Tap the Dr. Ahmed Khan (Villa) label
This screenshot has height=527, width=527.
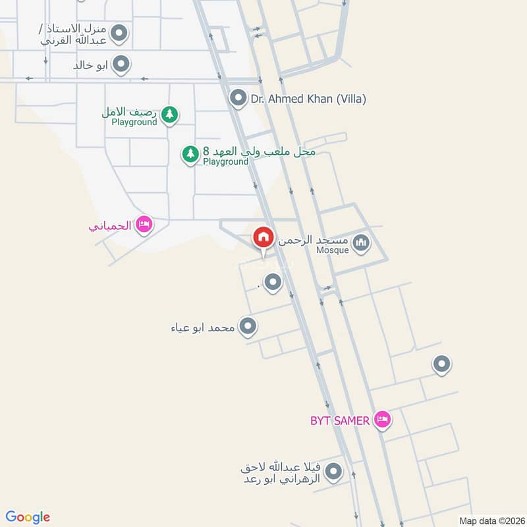click(x=308, y=99)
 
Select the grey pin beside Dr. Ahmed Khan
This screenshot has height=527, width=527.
click(x=237, y=99)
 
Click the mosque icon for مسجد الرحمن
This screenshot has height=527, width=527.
click(x=360, y=244)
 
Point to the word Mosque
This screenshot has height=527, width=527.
click(x=332, y=251)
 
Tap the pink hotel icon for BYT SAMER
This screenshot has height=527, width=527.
click(x=381, y=420)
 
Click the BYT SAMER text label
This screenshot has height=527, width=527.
click(x=340, y=420)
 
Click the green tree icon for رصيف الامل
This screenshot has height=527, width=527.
click(x=170, y=115)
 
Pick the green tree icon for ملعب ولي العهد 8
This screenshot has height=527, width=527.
click(x=190, y=154)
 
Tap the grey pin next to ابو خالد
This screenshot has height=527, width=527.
click(x=121, y=64)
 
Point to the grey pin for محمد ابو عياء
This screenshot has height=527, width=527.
click(x=248, y=326)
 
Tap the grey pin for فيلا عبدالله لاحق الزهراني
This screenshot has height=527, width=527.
click(x=334, y=472)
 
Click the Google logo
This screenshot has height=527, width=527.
click(x=28, y=517)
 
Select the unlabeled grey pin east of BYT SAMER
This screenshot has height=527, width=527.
click(x=441, y=363)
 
